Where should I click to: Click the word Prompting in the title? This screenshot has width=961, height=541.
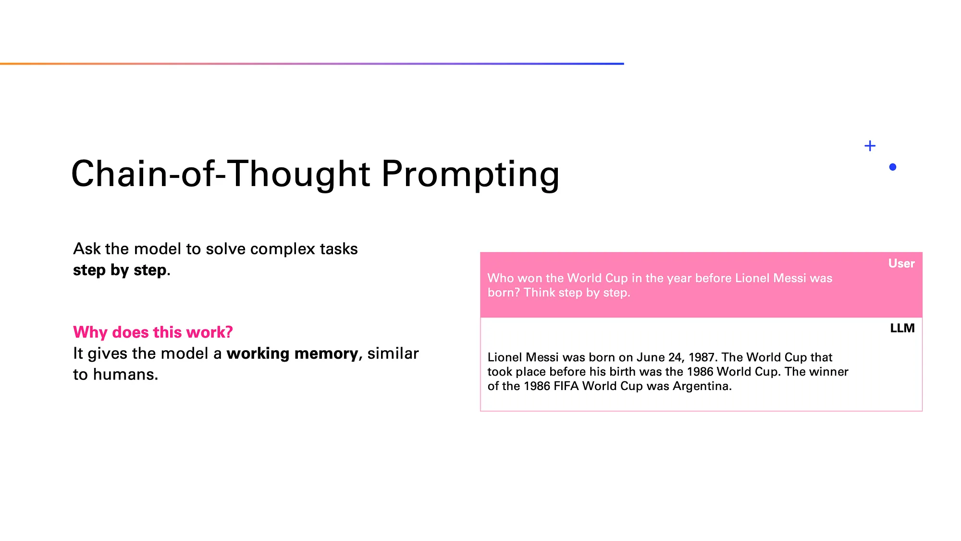(x=470, y=174)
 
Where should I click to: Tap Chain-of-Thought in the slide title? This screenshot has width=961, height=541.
(x=221, y=174)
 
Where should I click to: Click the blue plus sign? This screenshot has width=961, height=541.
(x=870, y=146)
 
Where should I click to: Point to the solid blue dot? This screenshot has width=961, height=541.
(x=893, y=167)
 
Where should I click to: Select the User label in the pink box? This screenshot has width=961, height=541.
(x=901, y=264)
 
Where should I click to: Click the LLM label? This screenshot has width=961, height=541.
(x=902, y=328)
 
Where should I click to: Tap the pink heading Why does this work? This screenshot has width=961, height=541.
(x=153, y=332)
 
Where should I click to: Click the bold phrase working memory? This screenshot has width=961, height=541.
(x=293, y=353)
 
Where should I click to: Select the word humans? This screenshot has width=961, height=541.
(x=125, y=375)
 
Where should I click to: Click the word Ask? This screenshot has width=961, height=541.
(x=87, y=249)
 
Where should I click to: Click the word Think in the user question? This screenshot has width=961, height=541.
(x=538, y=292)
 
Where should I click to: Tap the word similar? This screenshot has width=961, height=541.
(x=393, y=353)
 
